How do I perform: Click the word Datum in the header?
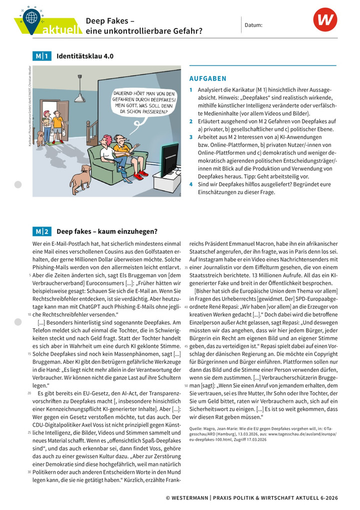253,25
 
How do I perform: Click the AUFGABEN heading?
207,79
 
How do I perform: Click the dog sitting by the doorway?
40,138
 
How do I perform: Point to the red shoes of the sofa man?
140,175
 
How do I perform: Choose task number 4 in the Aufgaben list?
190,184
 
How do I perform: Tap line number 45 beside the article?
186,346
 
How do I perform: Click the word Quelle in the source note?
196,428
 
